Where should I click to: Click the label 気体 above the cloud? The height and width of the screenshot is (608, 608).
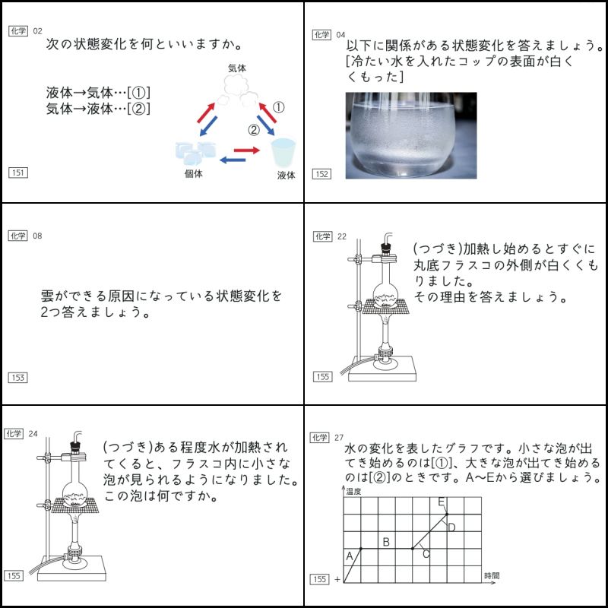tap(237, 68)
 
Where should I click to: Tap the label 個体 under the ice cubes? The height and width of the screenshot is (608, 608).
tap(193, 173)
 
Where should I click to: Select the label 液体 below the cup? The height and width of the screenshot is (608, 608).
tap(286, 176)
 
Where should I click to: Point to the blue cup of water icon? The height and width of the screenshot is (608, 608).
tap(283, 152)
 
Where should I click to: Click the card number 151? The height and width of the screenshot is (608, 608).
tap(17, 173)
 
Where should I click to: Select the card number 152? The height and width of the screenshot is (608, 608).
tap(321, 174)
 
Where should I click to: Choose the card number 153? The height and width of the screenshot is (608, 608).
tap(17, 377)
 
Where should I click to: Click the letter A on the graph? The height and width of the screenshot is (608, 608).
tap(350, 556)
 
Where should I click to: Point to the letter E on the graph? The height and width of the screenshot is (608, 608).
tap(441, 502)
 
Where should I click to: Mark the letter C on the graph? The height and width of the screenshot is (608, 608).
tap(426, 554)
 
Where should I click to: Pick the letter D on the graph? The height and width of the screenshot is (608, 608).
tap(451, 527)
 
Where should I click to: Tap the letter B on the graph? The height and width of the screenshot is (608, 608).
tap(386, 542)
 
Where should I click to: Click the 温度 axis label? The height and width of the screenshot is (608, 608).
tap(354, 492)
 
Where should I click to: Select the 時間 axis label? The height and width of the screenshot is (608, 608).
tap(492, 577)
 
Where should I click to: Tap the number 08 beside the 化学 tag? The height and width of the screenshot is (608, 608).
tap(37, 236)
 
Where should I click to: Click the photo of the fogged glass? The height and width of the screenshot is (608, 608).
tap(411, 135)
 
